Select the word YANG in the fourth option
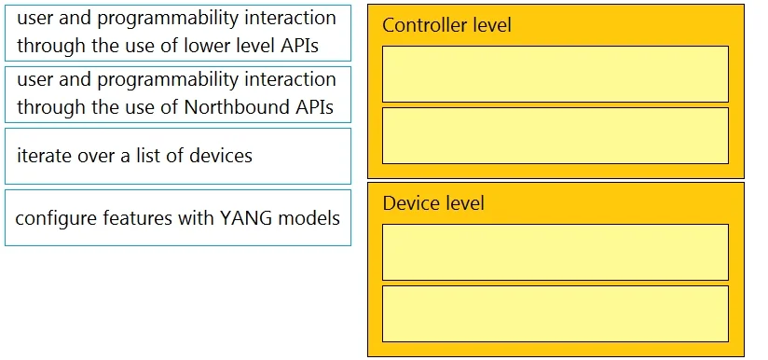pos(246,218)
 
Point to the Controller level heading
pos(446,25)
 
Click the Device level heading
pos(433,202)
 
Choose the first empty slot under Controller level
pos(555,74)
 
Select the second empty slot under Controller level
pos(555,135)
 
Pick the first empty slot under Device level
pos(555,252)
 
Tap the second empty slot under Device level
pos(555,314)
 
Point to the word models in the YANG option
pos(309,218)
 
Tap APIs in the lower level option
pos(300,46)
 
